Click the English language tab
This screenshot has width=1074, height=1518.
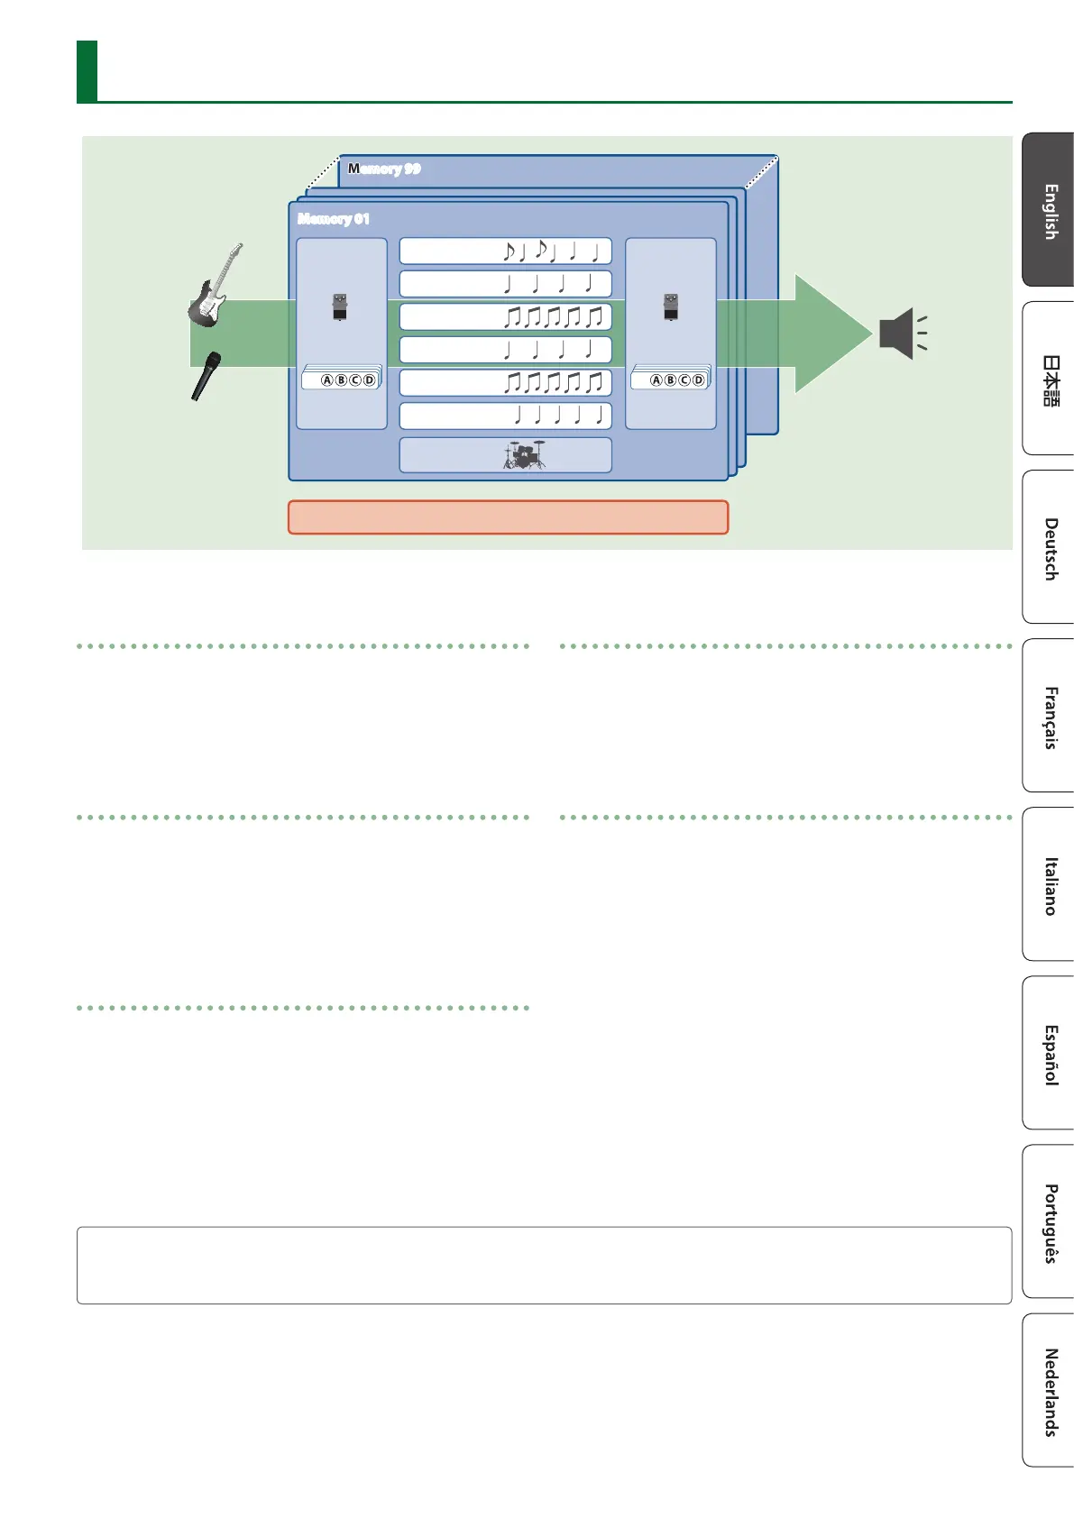pos(1050,211)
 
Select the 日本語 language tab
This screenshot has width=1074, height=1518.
pos(1050,379)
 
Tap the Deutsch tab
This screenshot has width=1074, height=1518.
pos(1050,548)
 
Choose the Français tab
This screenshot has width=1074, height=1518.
pos(1050,717)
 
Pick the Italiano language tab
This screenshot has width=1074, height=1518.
pos(1050,885)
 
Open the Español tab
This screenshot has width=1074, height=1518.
pos(1050,1054)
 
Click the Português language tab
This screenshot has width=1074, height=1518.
pos(1050,1222)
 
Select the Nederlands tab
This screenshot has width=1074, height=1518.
pos(1050,1391)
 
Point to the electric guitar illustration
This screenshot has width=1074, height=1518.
pos(215,286)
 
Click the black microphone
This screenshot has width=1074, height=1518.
pos(206,375)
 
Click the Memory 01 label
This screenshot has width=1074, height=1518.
pos(334,219)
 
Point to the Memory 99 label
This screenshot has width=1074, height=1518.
pos(385,169)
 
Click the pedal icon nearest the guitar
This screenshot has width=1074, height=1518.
pos(340,306)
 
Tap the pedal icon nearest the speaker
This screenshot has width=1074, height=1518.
pos(670,306)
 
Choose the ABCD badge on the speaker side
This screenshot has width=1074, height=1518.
pos(676,379)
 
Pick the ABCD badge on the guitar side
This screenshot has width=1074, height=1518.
pos(347,379)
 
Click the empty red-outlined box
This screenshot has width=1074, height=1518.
pos(508,517)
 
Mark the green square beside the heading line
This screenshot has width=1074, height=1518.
pos(87,71)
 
